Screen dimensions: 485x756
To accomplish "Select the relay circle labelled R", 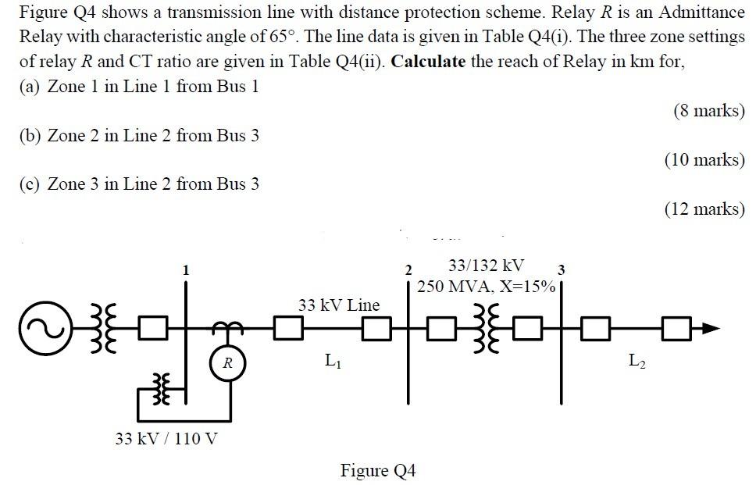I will pos(226,362).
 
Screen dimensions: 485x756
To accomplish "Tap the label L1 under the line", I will pos(332,361).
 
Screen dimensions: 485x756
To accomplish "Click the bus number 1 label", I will pos(185,270).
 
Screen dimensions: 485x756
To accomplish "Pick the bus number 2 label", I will pos(408,270).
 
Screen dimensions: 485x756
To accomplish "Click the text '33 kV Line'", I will pos(338,305).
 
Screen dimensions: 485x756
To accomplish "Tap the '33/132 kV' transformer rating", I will pos(486,265).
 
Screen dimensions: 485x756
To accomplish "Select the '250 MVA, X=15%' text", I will pos(486,286).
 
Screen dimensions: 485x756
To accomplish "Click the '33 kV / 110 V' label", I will pos(166,438).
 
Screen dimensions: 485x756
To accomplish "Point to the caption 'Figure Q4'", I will pos(378,470).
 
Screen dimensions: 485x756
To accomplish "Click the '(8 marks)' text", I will pos(708,110).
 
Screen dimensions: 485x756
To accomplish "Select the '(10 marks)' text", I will pos(704,159).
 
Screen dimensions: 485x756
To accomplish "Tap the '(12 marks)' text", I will pos(704,209).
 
